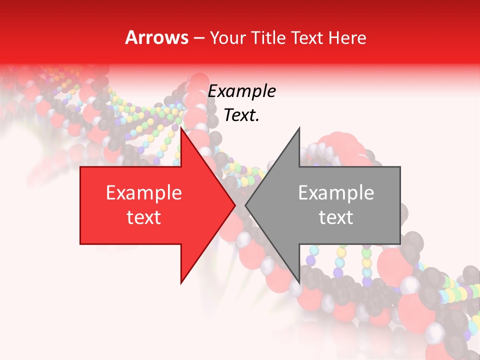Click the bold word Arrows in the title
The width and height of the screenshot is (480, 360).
[156, 37]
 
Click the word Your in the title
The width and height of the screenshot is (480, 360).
[225, 38]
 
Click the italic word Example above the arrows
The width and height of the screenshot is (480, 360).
[241, 91]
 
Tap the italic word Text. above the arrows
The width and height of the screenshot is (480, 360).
[241, 115]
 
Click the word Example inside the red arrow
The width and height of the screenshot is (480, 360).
[144, 193]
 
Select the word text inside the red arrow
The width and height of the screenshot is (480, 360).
[144, 217]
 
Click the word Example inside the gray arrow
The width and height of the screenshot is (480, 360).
[336, 193]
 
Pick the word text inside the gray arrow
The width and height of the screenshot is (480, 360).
[336, 217]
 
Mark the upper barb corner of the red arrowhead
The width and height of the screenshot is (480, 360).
[181, 128]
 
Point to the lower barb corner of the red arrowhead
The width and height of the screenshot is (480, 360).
[181, 282]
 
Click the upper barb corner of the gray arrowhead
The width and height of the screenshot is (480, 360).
[299, 128]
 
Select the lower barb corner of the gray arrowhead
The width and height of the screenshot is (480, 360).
[299, 282]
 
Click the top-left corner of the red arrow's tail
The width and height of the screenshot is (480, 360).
[80, 167]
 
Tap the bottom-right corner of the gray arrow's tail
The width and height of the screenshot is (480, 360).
[400, 244]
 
